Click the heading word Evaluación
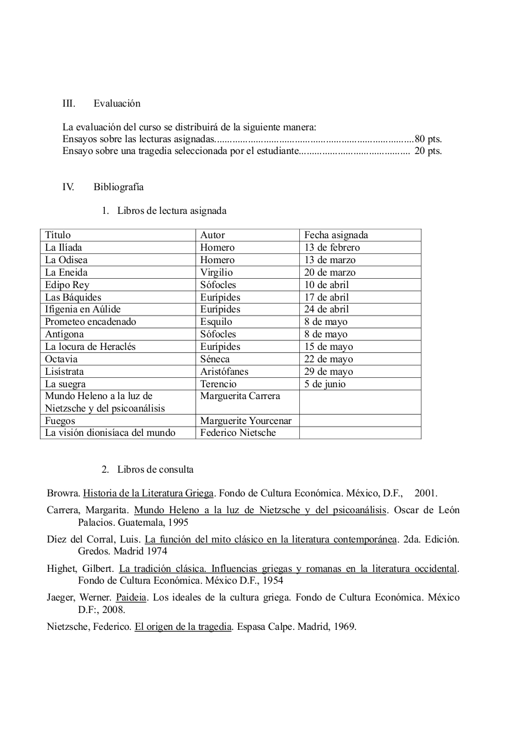117,104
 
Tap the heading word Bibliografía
118,186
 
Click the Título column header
58,235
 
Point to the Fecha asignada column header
336,235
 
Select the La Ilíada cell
64,248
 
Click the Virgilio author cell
216,273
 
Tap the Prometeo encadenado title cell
90,322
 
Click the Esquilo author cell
216,322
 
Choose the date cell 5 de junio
325,384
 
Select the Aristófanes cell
224,372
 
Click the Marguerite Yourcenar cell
246,421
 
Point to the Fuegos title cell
60,421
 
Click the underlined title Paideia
131,597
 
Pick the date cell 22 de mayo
329,359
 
